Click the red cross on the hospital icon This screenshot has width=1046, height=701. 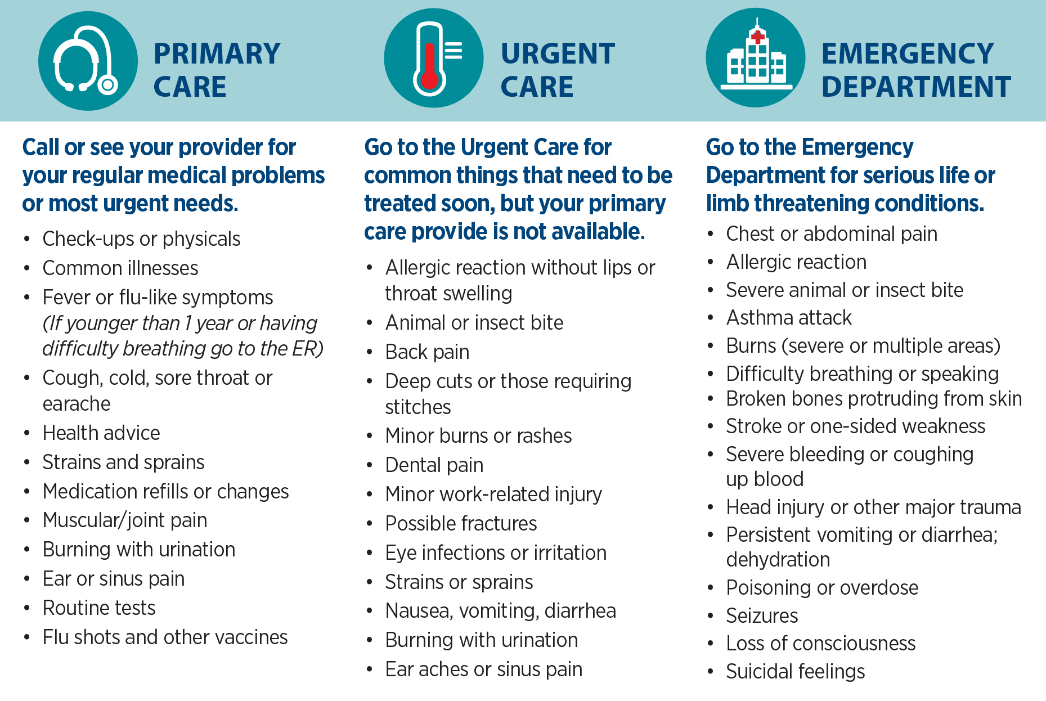click(x=758, y=37)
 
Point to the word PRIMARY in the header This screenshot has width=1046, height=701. click(x=217, y=54)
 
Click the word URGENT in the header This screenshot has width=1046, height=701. click(x=558, y=54)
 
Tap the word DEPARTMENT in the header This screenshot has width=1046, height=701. click(x=916, y=87)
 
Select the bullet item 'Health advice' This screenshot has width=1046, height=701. click(x=101, y=433)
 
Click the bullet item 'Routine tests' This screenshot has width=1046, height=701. click(x=99, y=608)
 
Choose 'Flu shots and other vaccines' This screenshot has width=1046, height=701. click(x=165, y=637)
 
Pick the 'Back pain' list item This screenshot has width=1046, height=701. click(x=427, y=352)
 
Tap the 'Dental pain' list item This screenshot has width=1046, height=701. click(x=434, y=465)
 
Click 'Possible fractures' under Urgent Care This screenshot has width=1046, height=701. click(x=461, y=523)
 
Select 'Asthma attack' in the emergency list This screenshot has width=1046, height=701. click(x=789, y=317)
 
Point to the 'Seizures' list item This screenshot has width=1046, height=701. click(x=762, y=615)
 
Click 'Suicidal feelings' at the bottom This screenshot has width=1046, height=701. click(x=796, y=671)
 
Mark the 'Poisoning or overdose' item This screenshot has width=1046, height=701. click(x=822, y=587)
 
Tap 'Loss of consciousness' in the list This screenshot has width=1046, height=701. click(x=821, y=643)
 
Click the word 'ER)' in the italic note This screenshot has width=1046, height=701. click(x=308, y=349)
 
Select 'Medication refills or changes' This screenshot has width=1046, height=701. click(x=165, y=491)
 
